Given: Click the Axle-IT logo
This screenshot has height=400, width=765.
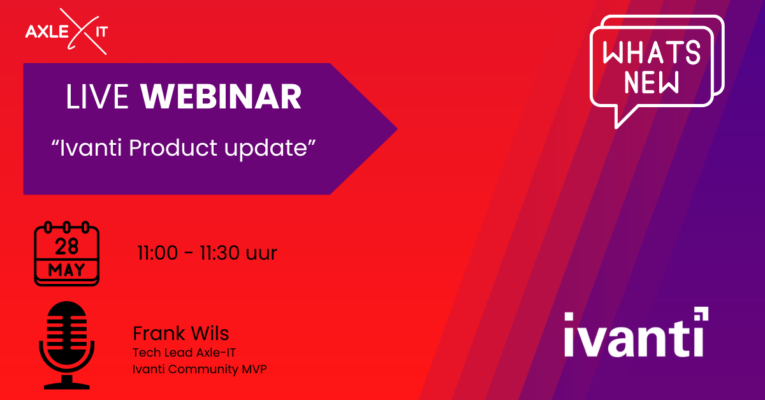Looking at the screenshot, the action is click(x=66, y=31).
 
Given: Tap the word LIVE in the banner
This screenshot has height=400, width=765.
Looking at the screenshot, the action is click(x=98, y=97).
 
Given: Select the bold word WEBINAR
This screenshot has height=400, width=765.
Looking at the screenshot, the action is click(x=221, y=97).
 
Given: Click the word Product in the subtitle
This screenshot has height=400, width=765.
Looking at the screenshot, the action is click(x=173, y=149).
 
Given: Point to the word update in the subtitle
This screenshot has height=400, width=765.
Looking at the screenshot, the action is click(x=266, y=149).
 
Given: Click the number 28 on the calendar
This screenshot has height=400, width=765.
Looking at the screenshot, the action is click(x=66, y=246).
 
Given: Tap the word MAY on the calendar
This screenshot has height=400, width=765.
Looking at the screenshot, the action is click(x=66, y=270).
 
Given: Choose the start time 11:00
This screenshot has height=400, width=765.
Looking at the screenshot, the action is click(x=157, y=253).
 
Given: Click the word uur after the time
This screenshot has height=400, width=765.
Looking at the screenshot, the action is click(x=261, y=255).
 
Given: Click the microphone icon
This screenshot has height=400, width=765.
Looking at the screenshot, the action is click(x=66, y=345).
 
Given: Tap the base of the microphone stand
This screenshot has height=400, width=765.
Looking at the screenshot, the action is click(x=66, y=386).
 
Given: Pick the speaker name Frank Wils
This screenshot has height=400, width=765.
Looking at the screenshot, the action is click(x=180, y=333).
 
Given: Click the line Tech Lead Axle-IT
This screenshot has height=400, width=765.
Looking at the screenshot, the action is click(x=184, y=353).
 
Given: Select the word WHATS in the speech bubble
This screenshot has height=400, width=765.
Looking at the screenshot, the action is click(x=652, y=52).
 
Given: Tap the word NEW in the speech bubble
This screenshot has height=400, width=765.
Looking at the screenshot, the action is click(x=652, y=82).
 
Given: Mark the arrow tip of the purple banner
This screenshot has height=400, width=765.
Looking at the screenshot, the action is click(x=397, y=130).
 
